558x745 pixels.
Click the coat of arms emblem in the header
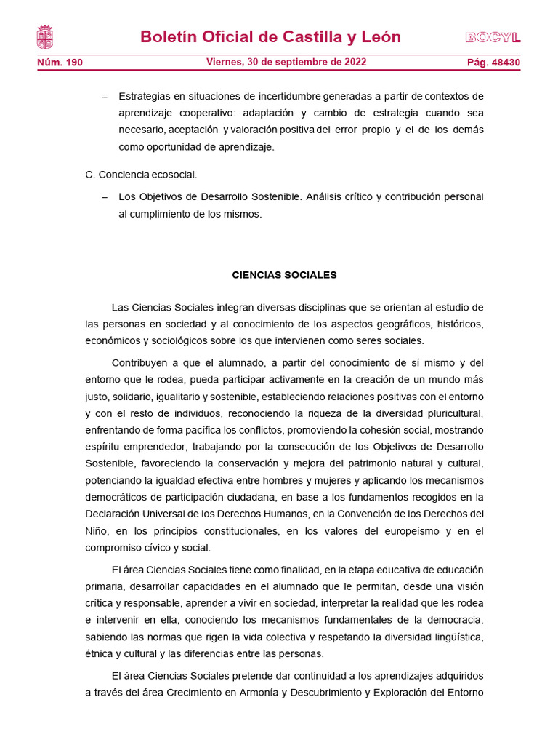pyautogui.click(x=44, y=37)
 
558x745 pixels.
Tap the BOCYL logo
pyautogui.click(x=493, y=38)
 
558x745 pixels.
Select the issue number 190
pyautogui.click(x=74, y=63)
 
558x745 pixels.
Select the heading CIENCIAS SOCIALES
pyautogui.click(x=284, y=275)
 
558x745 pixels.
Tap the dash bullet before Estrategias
pyautogui.click(x=105, y=96)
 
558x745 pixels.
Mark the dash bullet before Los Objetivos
pyautogui.click(x=105, y=197)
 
